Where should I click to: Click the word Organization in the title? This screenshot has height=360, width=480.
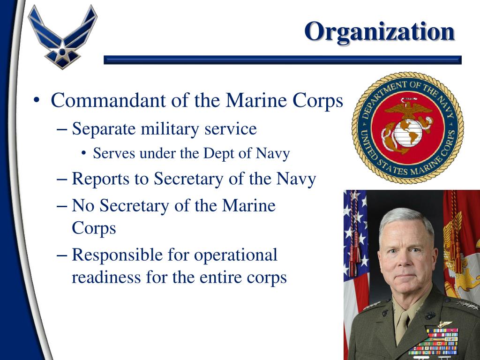[379, 32]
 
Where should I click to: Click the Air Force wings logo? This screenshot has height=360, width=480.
[62, 37]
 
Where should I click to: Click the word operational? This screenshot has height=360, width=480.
[236, 255]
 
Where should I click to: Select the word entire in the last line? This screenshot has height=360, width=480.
[221, 277]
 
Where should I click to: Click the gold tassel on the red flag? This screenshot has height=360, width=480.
[452, 234]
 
